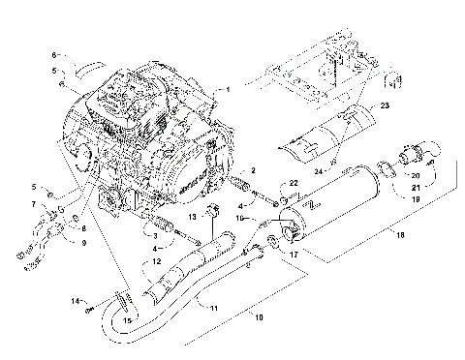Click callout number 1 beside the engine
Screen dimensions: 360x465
click(x=229, y=90)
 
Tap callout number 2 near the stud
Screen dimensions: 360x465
click(x=253, y=170)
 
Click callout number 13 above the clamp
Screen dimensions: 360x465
click(x=194, y=214)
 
